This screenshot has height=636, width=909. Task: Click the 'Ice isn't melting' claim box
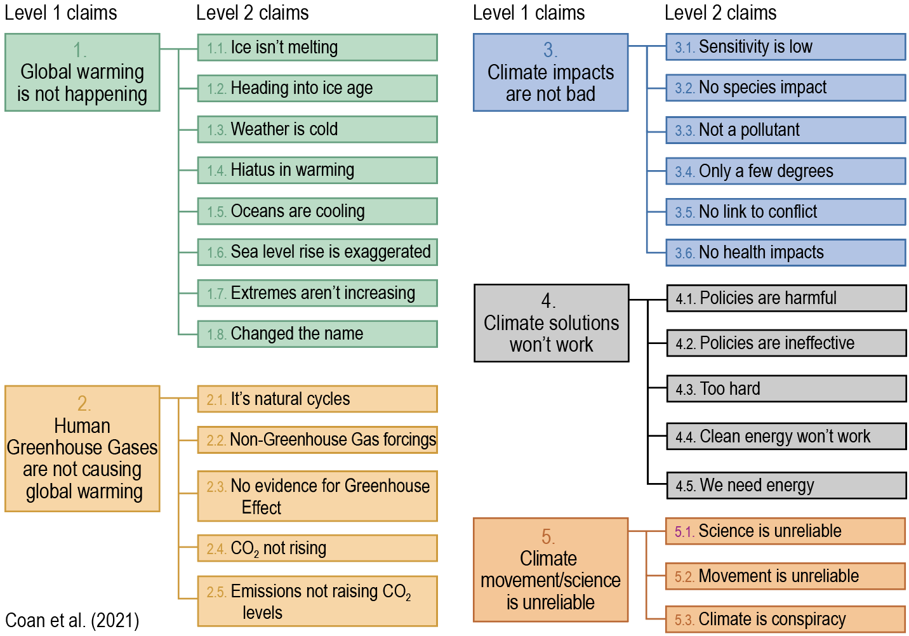317,48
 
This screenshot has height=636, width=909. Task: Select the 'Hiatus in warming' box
317,170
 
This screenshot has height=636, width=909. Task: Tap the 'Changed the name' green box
317,334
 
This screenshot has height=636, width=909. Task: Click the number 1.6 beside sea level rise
216,253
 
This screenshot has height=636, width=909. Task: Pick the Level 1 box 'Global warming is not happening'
82,72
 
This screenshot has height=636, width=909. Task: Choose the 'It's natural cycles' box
317,399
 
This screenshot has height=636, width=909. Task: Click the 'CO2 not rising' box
317,548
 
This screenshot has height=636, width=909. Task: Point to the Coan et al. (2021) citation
72,620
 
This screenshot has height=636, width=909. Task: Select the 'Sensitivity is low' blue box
785,47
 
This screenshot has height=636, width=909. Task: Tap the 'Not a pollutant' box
785,130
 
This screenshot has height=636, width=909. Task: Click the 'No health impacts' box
785,253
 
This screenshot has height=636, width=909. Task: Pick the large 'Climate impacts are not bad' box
550,72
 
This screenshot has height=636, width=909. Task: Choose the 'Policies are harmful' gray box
786,298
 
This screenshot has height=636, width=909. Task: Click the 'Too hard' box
786,389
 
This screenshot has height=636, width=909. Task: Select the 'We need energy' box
786,486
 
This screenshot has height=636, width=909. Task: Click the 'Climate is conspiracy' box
785,619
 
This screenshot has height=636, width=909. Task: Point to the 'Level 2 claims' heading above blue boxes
720,12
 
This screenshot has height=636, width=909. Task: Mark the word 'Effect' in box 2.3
261,508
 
